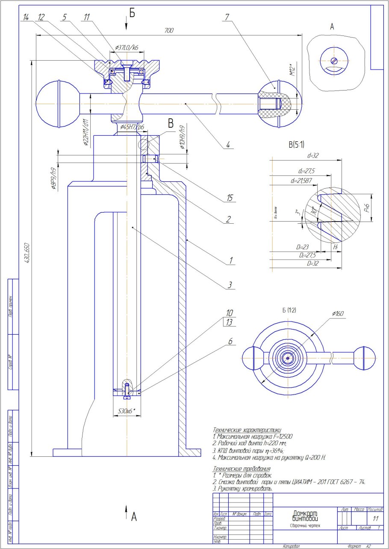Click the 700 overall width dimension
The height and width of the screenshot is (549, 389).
tap(169, 31)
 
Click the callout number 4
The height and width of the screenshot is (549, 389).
tap(228, 145)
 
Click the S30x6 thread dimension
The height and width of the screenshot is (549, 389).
tap(127, 411)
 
